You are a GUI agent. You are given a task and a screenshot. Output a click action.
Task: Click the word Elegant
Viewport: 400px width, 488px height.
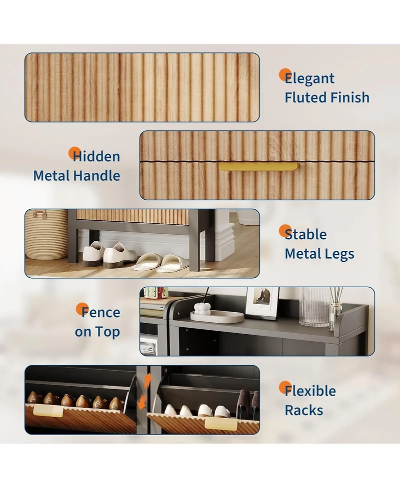click(x=309, y=78)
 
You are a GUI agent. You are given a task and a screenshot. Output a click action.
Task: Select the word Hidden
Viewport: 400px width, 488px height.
click(x=96, y=157)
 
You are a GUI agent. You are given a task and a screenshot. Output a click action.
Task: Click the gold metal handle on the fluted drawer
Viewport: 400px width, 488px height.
click(x=258, y=166)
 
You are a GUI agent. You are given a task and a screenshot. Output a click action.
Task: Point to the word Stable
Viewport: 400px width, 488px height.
click(x=305, y=234)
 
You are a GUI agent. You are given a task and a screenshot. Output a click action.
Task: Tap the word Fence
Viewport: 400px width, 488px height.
click(x=100, y=313)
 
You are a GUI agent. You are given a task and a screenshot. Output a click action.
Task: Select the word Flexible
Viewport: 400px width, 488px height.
click(x=310, y=391)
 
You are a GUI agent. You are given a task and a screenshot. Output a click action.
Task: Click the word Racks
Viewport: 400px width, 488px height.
click(x=304, y=411)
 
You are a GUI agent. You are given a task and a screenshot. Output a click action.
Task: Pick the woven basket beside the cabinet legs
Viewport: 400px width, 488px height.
click(x=46, y=234)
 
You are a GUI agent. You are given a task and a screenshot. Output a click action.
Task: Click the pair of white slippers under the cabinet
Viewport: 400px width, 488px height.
click(x=160, y=262)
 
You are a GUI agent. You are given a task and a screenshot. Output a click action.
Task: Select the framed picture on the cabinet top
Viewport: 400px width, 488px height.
click(x=261, y=303)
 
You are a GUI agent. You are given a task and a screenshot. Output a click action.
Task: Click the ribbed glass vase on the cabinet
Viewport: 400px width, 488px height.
click(x=315, y=306)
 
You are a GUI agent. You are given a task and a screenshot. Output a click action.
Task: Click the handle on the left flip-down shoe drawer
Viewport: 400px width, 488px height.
click(x=48, y=411)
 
